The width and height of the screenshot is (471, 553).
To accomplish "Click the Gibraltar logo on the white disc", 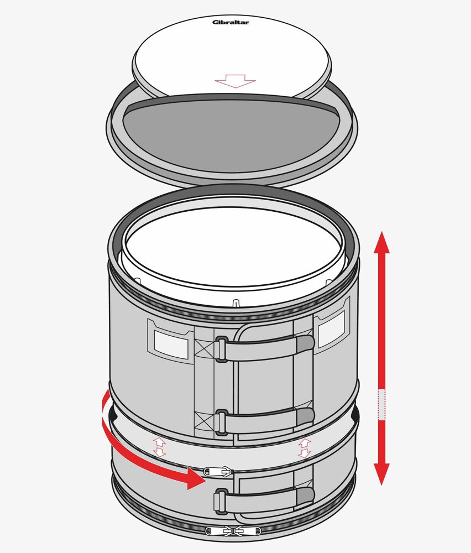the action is tap(231, 22).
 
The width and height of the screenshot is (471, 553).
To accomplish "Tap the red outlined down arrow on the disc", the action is tap(235, 81).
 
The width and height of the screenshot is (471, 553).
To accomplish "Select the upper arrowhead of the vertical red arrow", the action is tap(382, 242).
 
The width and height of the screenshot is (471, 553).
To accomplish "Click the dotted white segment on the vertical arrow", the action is tap(382, 405).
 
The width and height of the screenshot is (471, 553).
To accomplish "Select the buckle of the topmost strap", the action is tap(221, 349).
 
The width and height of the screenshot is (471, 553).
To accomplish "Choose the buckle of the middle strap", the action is tap(221, 422).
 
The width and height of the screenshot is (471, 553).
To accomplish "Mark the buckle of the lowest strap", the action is tap(220, 501).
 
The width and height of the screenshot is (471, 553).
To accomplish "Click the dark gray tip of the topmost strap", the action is tap(305, 344).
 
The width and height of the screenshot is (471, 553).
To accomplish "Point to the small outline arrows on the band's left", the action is tap(159, 447).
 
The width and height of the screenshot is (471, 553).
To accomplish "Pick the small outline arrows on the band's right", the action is tap(304, 448).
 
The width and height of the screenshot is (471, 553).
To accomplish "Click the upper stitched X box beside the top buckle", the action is tap(205, 348).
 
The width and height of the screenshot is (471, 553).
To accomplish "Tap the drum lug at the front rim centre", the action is tap(236, 303).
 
